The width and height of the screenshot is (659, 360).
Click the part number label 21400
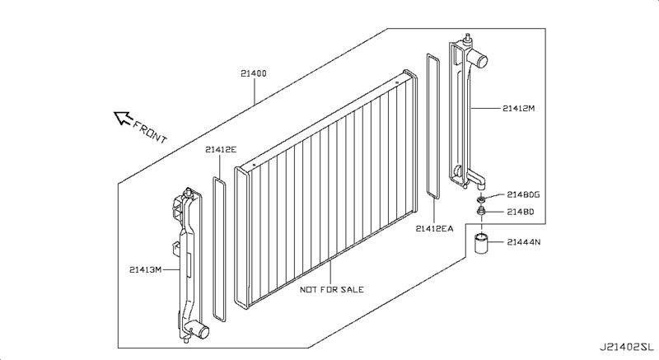tap(254, 73)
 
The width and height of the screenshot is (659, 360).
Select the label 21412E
tap(221, 150)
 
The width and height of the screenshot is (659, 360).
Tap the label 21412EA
tap(435, 228)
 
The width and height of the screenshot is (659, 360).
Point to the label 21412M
tap(519, 109)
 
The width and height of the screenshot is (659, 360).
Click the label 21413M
tap(146, 269)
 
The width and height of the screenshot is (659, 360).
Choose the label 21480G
tap(523, 194)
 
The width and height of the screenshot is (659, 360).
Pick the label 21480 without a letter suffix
tap(521, 212)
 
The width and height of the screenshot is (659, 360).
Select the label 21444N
tap(524, 242)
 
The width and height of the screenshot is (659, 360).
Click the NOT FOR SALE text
tap(332, 289)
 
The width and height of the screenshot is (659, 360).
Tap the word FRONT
tap(150, 132)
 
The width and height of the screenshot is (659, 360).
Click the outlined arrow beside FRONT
tap(123, 118)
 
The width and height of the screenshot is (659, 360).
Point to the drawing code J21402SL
tap(627, 348)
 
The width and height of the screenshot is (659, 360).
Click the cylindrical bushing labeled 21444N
tap(482, 243)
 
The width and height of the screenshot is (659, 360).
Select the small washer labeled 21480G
tap(481, 199)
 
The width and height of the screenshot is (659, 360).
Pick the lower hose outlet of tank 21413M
tap(199, 331)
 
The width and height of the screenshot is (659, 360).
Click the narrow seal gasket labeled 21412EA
tap(433, 126)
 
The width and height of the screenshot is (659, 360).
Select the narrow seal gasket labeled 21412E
tap(219, 250)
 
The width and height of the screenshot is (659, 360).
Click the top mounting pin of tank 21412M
tap(466, 38)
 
